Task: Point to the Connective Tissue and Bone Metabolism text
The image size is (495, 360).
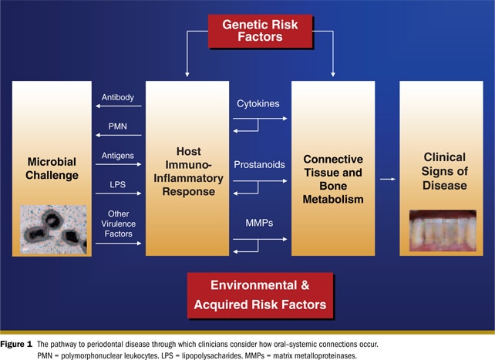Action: click(333, 177)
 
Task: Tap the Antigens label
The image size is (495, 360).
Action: click(118, 155)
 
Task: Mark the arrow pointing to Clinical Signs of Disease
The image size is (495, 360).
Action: click(387, 178)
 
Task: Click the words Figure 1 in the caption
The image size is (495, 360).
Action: click(21, 341)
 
